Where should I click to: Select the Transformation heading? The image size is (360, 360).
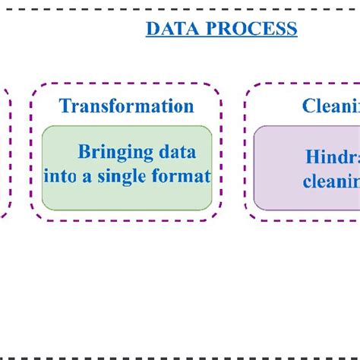tap(127, 106)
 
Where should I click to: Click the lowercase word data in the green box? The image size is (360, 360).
tap(175, 152)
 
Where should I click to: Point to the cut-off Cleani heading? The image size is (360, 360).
tap(330, 106)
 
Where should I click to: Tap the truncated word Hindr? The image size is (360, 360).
tap(332, 156)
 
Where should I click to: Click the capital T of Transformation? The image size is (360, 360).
tap(65, 106)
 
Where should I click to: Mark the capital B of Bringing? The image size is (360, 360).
tap(84, 152)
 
